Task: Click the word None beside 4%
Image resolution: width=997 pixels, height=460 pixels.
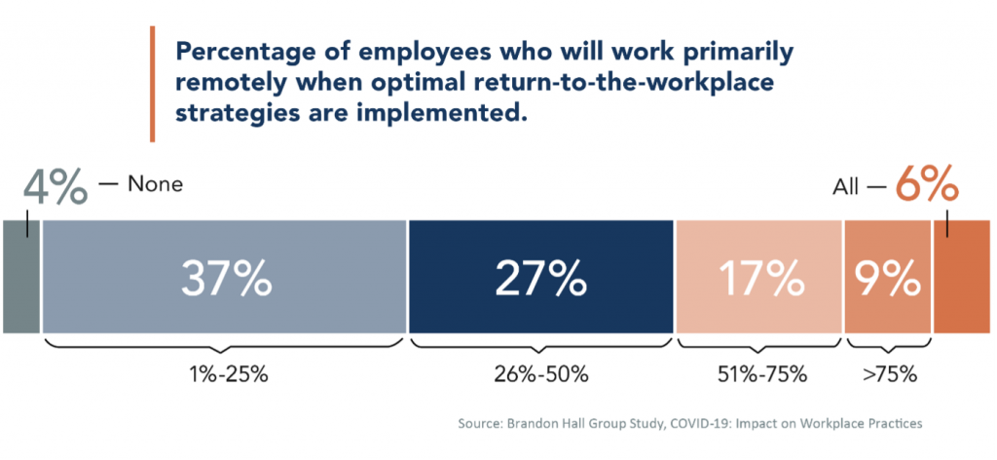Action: click(155, 183)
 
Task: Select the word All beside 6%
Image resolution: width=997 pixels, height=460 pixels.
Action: click(845, 185)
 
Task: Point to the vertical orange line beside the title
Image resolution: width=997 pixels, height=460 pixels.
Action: click(152, 84)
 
